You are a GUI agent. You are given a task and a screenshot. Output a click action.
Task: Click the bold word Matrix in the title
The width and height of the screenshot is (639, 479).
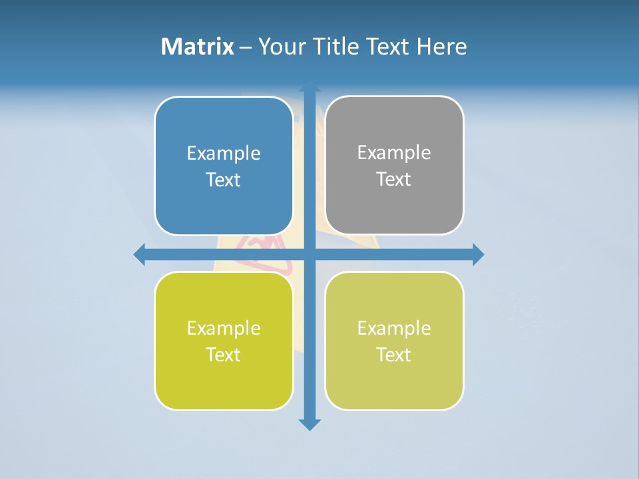point(198,47)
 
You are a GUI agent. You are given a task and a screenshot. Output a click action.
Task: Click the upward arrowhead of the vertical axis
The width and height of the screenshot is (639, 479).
point(310,86)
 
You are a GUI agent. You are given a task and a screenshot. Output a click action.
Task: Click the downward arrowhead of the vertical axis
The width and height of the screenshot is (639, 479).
point(310,424)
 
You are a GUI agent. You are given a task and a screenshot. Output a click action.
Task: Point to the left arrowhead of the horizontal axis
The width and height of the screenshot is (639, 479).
point(140,254)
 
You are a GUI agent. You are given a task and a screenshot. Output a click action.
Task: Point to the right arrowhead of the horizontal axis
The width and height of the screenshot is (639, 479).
point(478,254)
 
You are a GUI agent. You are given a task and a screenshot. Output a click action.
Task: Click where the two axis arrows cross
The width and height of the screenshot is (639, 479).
point(310,254)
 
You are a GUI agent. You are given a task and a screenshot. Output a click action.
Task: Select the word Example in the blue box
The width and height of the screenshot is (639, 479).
point(224,154)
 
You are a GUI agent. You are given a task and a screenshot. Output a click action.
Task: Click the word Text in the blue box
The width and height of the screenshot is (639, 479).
point(224,180)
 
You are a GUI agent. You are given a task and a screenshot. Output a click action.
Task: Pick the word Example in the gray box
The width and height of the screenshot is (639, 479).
point(394,153)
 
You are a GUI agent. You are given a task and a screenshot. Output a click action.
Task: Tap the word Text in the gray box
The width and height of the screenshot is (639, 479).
point(394,180)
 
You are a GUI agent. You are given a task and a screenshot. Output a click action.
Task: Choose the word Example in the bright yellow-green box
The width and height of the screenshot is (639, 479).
point(224,328)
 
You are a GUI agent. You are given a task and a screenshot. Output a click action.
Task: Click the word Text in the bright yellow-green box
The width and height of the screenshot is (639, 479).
point(224,355)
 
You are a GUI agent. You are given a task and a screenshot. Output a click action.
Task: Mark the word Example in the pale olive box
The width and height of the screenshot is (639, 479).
point(394,328)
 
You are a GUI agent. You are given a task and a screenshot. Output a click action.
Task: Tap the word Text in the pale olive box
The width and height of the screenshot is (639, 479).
point(394,355)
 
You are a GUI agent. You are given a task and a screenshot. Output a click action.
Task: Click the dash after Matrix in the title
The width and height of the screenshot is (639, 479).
point(246,47)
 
